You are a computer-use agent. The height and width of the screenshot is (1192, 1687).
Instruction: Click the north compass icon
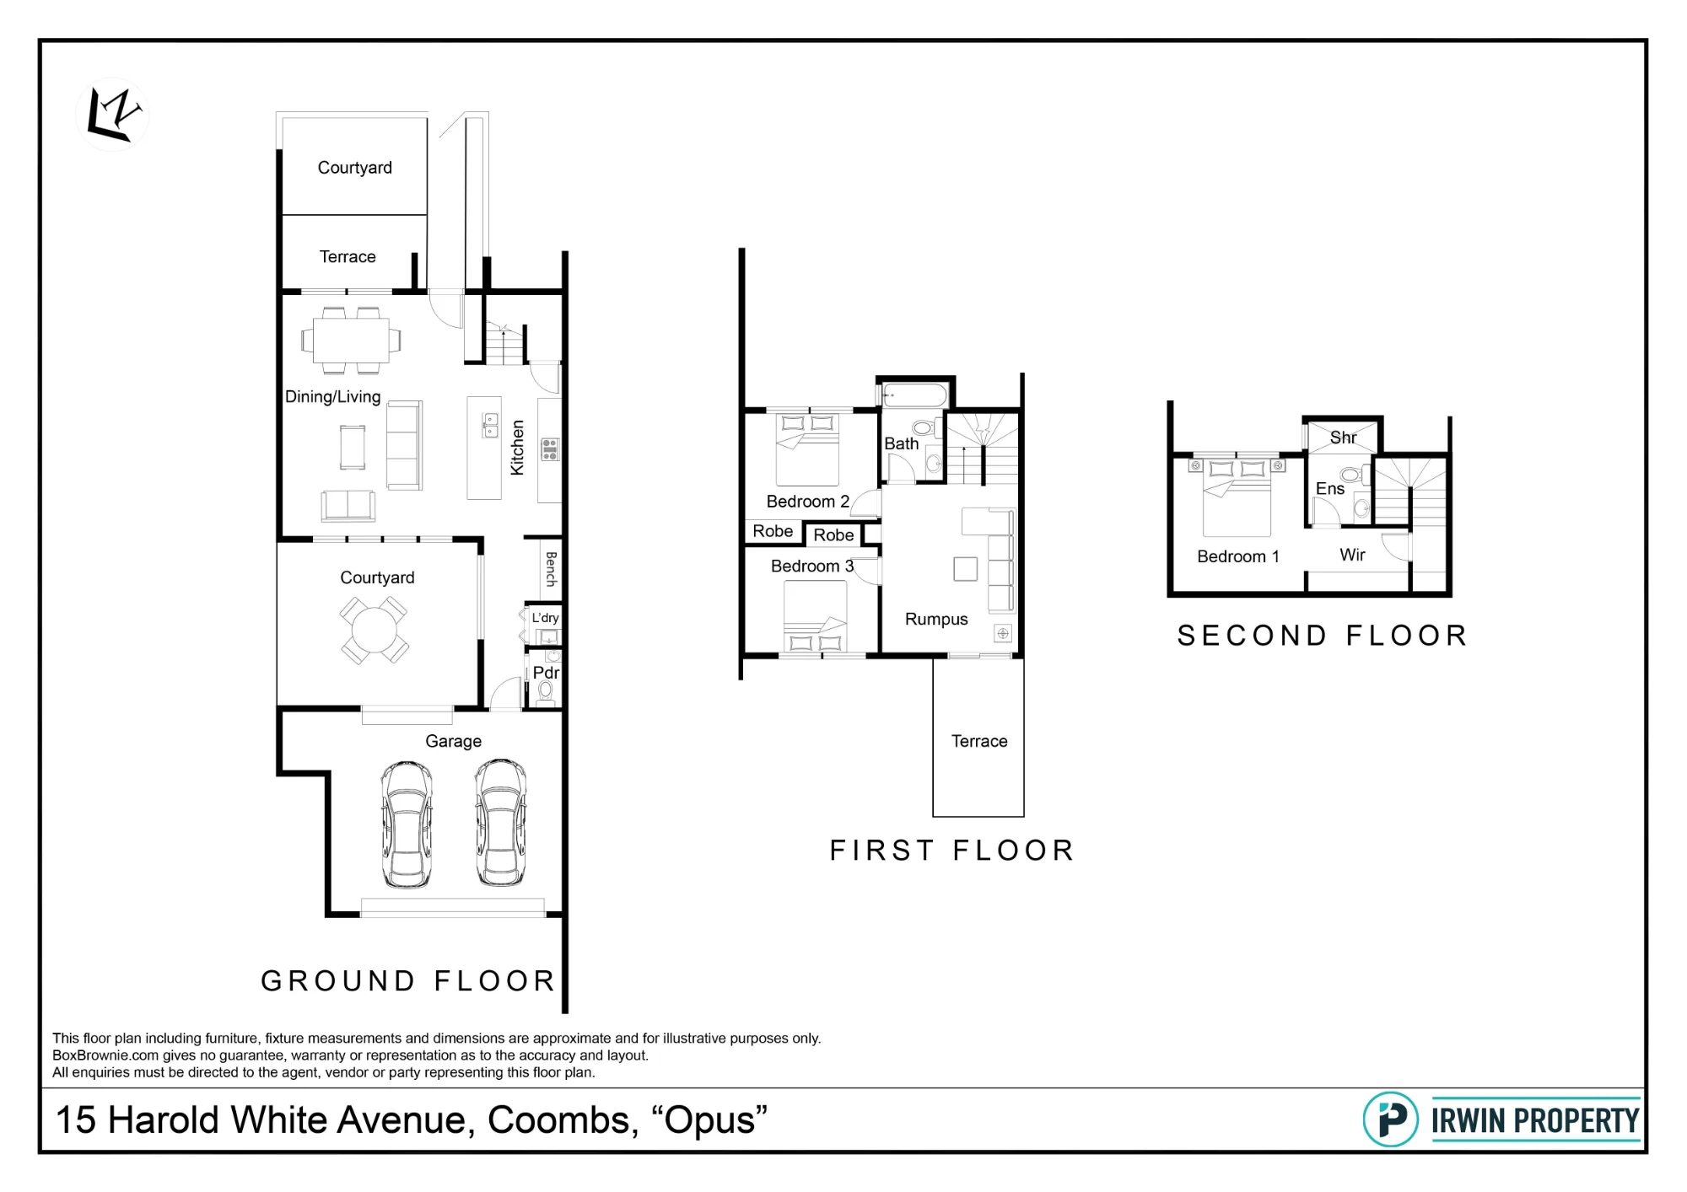[113, 115]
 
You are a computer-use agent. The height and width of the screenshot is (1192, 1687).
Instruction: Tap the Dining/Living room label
[332, 397]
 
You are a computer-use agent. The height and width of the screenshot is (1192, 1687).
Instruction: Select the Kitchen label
[517, 448]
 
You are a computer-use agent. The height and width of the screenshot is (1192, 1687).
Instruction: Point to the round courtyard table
[375, 630]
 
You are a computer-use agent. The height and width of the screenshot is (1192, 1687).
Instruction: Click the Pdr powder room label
[546, 673]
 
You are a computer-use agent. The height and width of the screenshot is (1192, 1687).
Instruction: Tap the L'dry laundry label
[545, 618]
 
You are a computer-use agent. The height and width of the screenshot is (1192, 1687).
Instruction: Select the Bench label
[551, 569]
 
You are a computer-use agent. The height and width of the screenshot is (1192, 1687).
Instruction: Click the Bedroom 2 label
[807, 502]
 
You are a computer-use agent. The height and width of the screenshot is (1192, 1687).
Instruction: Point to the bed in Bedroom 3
[815, 617]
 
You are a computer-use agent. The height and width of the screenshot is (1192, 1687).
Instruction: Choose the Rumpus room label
[936, 620]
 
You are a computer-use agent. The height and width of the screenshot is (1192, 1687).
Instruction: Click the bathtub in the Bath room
[915, 395]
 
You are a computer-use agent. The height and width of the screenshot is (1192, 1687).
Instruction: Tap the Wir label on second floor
[1352, 555]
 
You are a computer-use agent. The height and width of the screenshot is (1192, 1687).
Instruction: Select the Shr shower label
[1343, 438]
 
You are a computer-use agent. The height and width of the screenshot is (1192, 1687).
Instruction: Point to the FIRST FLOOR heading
[952, 851]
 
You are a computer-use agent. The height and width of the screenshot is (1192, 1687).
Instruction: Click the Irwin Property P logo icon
[1391, 1120]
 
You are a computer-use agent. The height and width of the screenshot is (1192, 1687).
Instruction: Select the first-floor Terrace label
[979, 741]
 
